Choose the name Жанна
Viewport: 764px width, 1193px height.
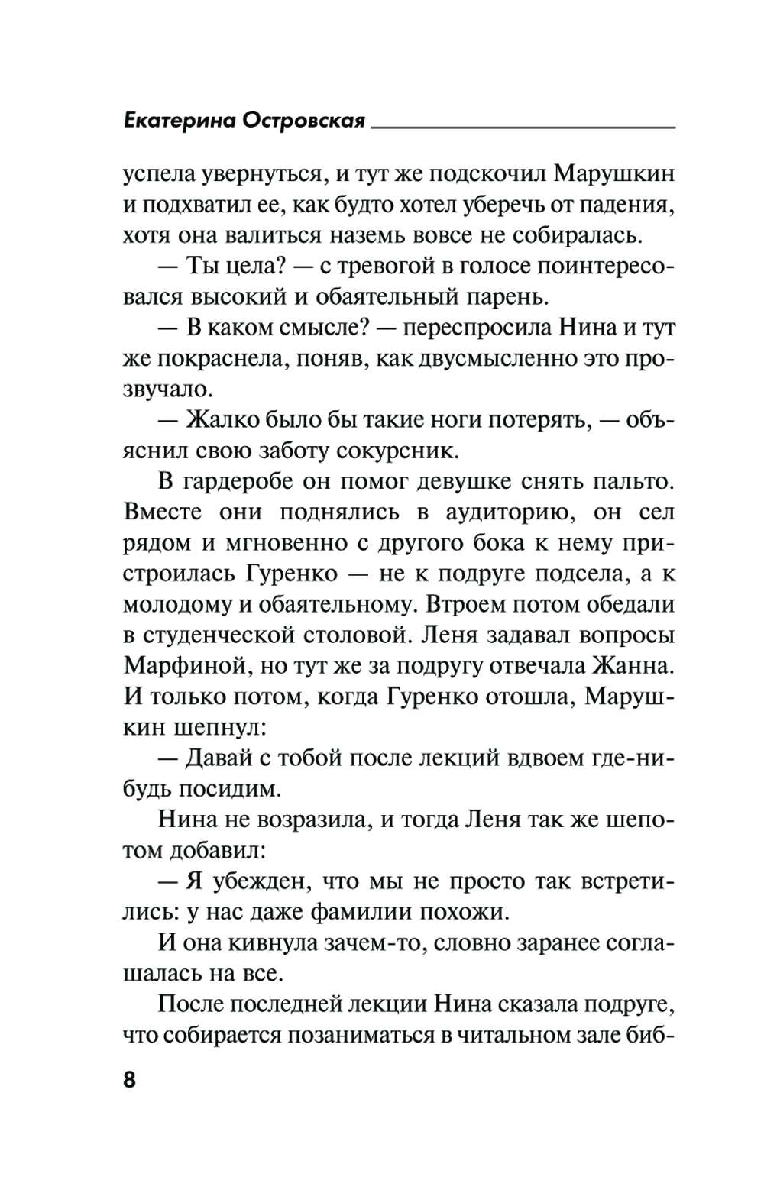click(631, 665)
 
